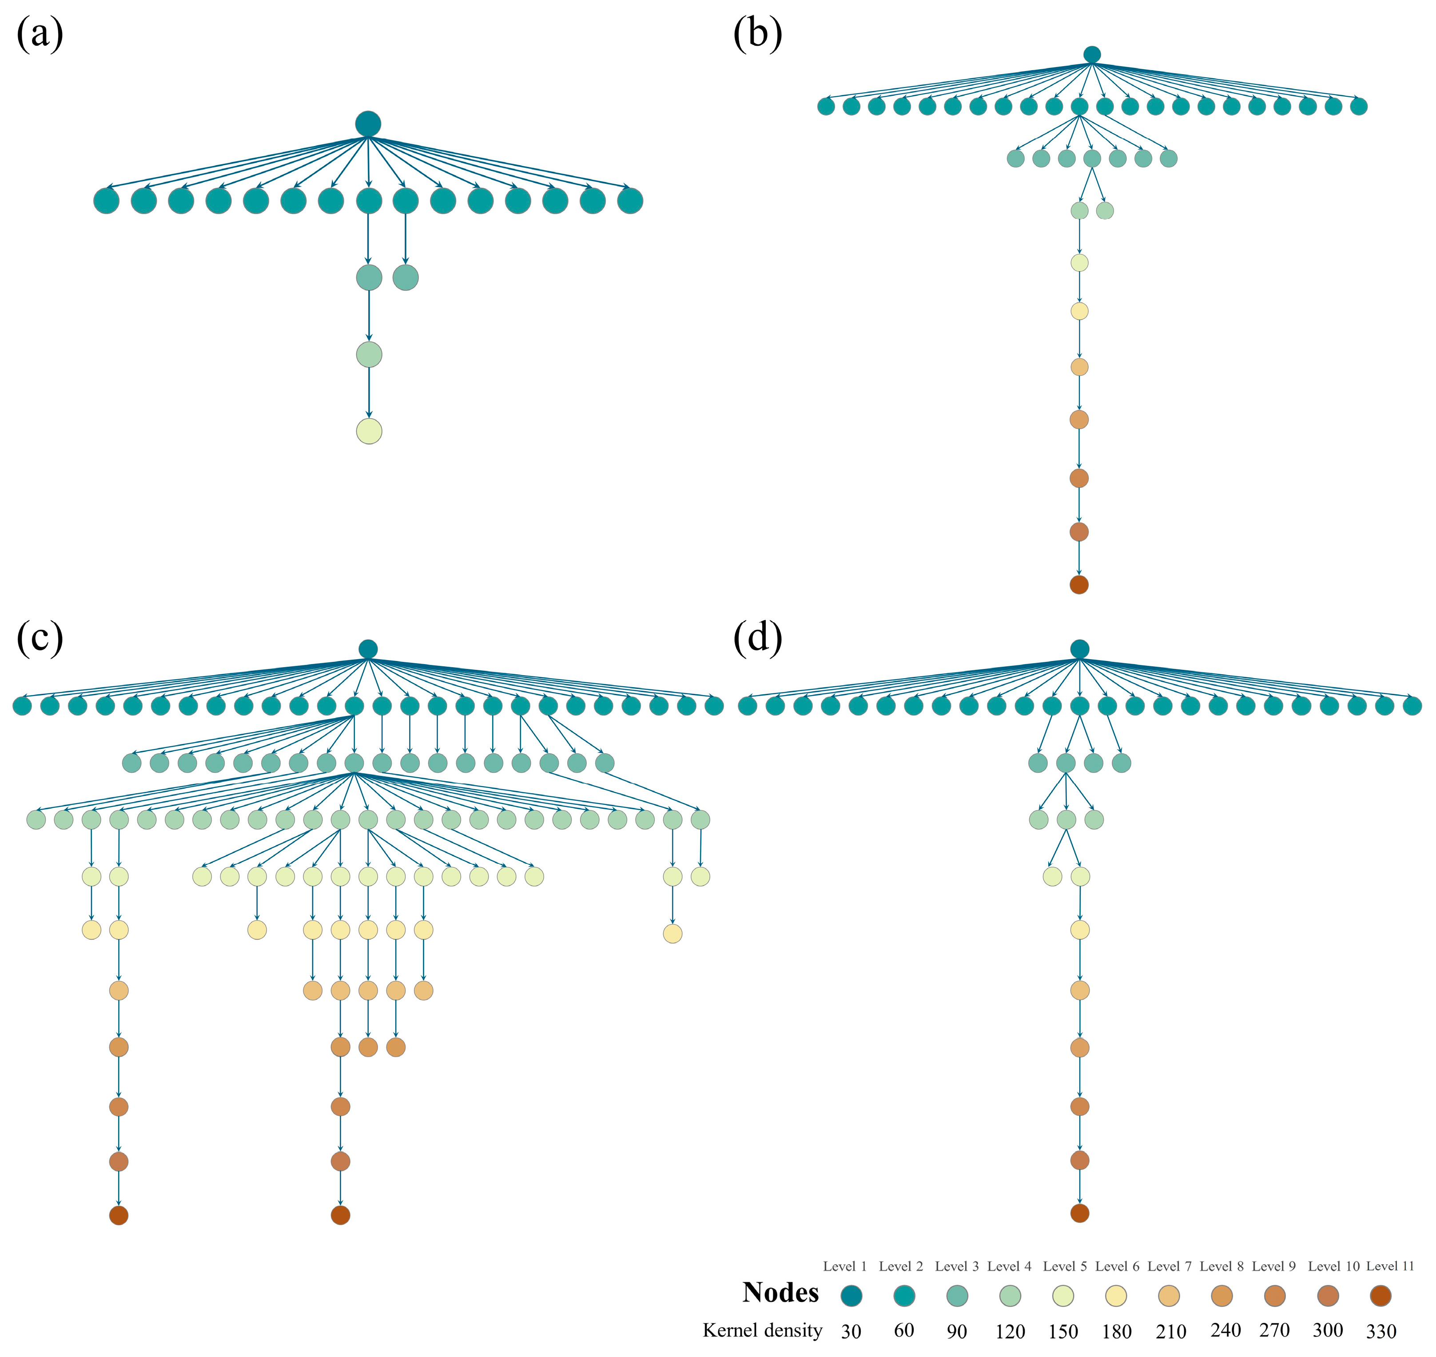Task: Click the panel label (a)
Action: coord(40,35)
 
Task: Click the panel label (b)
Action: coord(757,35)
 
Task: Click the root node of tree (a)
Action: coord(368,124)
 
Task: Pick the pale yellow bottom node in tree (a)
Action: coord(369,431)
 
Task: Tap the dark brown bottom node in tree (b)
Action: coord(1078,585)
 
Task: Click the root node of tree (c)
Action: coord(368,649)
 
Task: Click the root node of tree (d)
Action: coord(1079,649)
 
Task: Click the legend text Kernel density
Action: coord(762,1330)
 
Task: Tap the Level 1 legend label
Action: coord(845,1266)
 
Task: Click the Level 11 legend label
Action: coord(1390,1266)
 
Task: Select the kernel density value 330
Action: coord(1381,1331)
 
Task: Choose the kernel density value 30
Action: coord(851,1331)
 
